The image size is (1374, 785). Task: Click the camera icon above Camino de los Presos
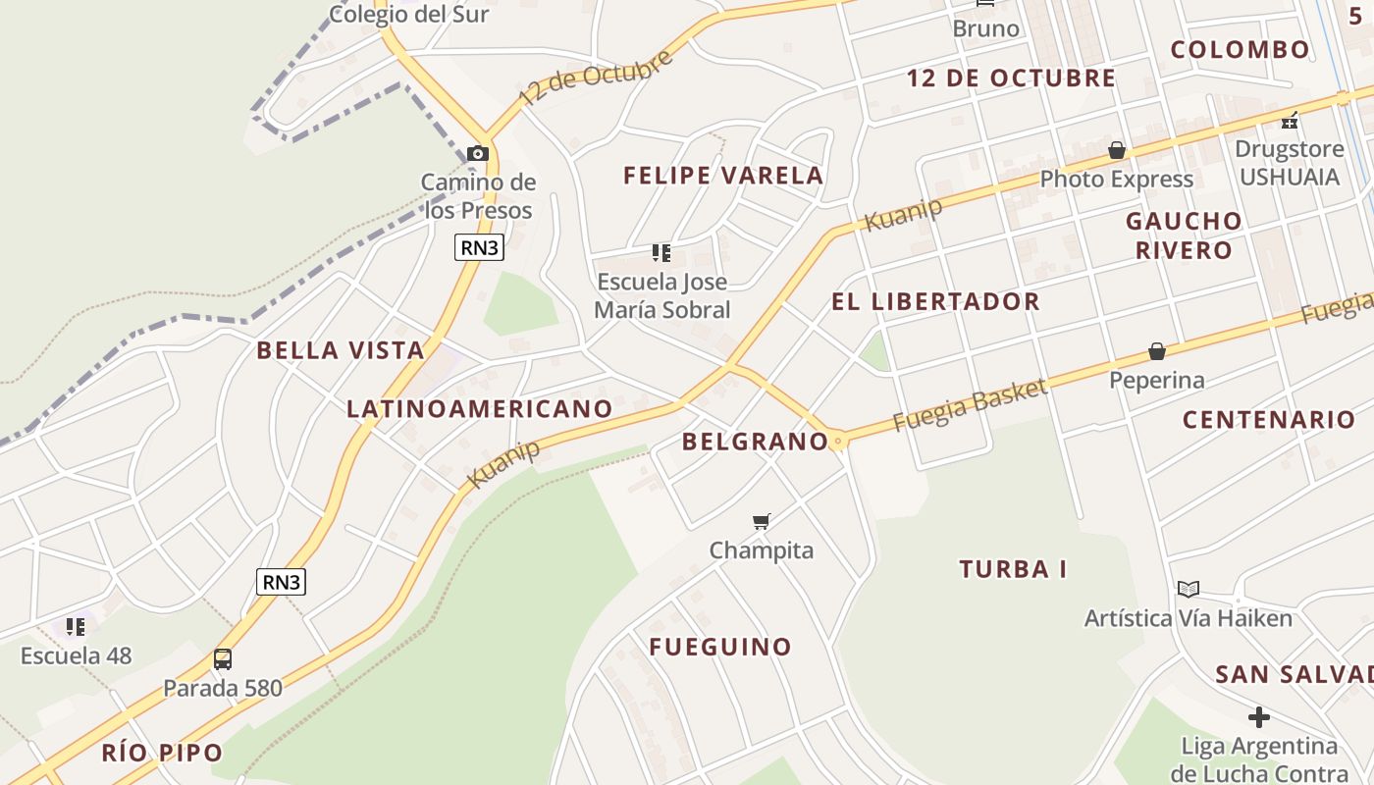pyautogui.click(x=478, y=153)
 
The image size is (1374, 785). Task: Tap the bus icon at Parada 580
pyautogui.click(x=223, y=658)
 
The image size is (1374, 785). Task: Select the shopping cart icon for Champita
pyautogui.click(x=762, y=521)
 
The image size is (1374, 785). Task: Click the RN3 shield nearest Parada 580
pyautogui.click(x=282, y=582)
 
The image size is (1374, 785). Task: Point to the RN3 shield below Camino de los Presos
pyautogui.click(x=480, y=247)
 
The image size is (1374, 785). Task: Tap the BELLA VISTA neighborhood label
pyautogui.click(x=341, y=350)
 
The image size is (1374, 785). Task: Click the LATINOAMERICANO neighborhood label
pyautogui.click(x=480, y=408)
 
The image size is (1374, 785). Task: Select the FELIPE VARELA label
pyautogui.click(x=723, y=176)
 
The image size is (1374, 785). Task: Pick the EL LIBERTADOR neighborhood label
pyautogui.click(x=935, y=301)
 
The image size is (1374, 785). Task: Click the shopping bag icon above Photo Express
pyautogui.click(x=1117, y=150)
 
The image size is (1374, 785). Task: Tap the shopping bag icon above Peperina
pyautogui.click(x=1157, y=351)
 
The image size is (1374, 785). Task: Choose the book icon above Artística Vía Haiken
pyautogui.click(x=1189, y=589)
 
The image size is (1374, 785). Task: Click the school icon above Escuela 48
pyautogui.click(x=76, y=626)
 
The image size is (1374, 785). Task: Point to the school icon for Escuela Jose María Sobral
pyautogui.click(x=662, y=254)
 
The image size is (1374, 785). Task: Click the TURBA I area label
pyautogui.click(x=1013, y=569)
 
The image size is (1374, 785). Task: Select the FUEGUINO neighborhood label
pyautogui.click(x=720, y=647)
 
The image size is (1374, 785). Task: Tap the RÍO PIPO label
pyautogui.click(x=162, y=754)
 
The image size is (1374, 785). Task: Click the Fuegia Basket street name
pyautogui.click(x=970, y=405)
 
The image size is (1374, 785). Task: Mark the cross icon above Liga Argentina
pyautogui.click(x=1259, y=717)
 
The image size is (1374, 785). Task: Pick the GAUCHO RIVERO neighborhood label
pyautogui.click(x=1184, y=235)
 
